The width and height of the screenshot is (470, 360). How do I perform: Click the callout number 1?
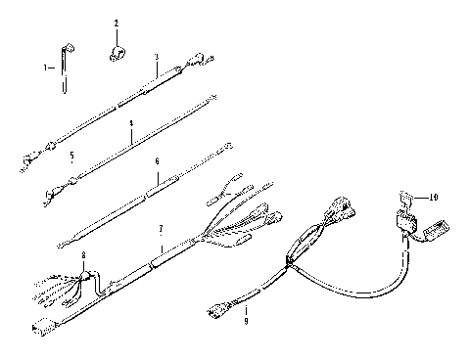pos(45,67)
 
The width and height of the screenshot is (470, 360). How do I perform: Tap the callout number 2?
pos(116,22)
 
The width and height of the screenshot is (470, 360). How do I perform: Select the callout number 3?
pos(157,58)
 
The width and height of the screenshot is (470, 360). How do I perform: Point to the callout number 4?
pos(130,124)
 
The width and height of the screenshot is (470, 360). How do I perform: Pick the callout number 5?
pos(70,156)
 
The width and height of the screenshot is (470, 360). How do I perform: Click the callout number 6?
pos(157,161)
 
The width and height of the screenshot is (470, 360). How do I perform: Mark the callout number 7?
pos(161,229)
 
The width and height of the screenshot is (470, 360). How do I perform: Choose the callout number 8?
pos(83,255)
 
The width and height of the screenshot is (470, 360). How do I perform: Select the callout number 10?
pos(433,197)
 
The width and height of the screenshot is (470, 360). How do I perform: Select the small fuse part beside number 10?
pos(403,202)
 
